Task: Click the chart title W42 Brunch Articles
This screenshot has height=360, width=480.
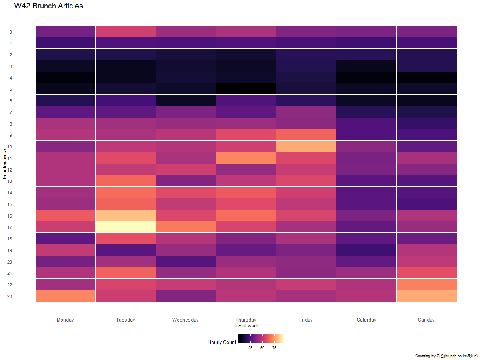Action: coord(48,6)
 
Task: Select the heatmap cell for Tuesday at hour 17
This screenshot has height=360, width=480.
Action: coord(126,227)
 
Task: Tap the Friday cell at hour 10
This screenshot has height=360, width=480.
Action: coord(306,146)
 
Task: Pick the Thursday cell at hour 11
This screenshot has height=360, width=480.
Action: coord(246,158)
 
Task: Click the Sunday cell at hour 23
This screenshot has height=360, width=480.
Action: coord(426,296)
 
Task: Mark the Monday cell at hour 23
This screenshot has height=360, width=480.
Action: coord(65,296)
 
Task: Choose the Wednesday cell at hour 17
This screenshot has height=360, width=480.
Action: coord(186,227)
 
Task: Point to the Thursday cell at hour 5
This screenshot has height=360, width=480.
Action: coord(246,89)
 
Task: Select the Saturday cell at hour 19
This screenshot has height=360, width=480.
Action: coord(366,250)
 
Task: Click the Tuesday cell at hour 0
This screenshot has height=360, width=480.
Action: coord(126,31)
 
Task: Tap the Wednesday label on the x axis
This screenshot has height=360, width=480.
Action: coord(185,320)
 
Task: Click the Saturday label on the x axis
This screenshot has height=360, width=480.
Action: coord(366,320)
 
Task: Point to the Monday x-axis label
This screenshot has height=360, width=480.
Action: coord(65,320)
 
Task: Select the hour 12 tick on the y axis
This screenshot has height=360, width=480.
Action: coord(10,170)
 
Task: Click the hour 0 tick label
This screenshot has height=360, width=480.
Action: coord(10,32)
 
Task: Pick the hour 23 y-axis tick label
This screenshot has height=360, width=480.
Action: coord(10,296)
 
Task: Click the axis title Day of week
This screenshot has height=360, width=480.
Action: coord(246,326)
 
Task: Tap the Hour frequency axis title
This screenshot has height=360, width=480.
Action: coord(4,164)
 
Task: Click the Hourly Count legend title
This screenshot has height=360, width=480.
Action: coord(222,342)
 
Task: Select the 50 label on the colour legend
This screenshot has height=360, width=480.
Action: coord(262,348)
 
